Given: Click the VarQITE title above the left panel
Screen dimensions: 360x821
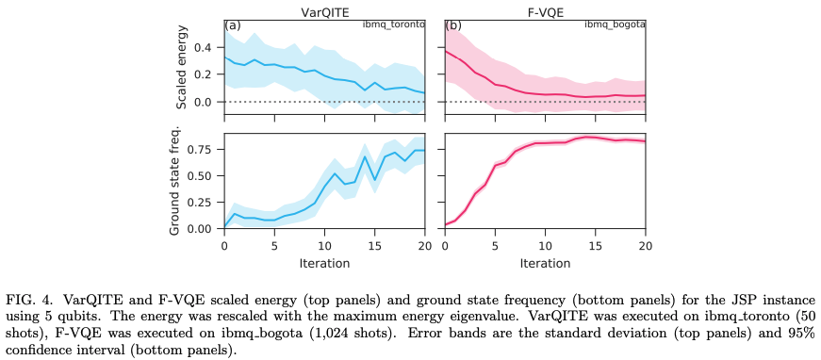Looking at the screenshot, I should (x=323, y=8).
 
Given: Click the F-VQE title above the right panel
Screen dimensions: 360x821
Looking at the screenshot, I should (x=545, y=8).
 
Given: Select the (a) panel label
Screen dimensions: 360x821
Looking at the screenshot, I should (x=233, y=25).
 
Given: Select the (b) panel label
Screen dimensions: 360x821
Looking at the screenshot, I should (x=453, y=25).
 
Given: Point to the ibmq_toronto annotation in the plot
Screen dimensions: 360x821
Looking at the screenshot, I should (x=393, y=25).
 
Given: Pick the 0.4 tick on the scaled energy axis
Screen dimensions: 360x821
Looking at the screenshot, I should (x=205, y=47).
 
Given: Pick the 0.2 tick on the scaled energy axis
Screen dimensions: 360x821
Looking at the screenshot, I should (x=205, y=74).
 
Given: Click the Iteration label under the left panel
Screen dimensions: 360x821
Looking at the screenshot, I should (x=323, y=263).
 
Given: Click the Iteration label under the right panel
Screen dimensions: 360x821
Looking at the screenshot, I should (x=545, y=263).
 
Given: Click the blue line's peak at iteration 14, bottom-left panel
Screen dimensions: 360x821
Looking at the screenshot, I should (x=364, y=156).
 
